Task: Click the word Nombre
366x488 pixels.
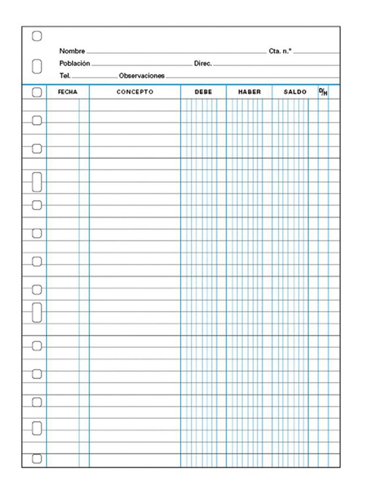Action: (x=72, y=51)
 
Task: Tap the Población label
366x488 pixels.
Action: (x=74, y=63)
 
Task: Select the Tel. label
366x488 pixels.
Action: (x=65, y=75)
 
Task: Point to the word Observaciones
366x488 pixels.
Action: (x=142, y=75)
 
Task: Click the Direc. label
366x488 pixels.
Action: (x=203, y=63)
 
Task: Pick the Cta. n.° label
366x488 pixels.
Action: (x=280, y=51)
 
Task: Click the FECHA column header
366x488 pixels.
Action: (x=67, y=92)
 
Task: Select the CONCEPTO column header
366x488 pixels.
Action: (x=135, y=92)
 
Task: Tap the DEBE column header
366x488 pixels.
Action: (x=203, y=92)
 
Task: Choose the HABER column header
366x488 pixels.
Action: (x=249, y=92)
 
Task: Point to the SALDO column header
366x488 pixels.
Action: (x=295, y=92)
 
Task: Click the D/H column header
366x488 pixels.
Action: (x=323, y=91)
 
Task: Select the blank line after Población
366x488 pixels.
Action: (x=141, y=65)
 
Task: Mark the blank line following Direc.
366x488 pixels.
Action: (x=276, y=65)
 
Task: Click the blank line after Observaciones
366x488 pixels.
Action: (x=253, y=77)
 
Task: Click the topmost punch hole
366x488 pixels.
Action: (x=37, y=36)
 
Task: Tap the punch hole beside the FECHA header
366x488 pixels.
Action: (x=37, y=92)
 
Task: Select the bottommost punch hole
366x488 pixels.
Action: (x=37, y=459)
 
